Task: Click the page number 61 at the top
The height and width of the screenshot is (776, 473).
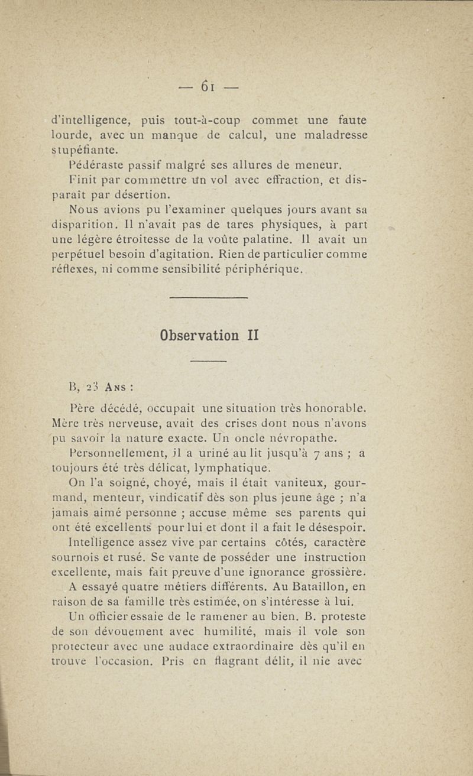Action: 206,85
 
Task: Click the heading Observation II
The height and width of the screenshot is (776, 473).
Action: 209,335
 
